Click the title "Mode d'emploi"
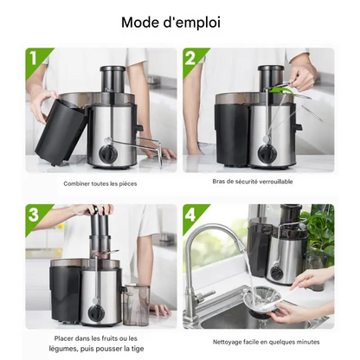pos(170,22)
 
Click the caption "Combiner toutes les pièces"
pos(100,183)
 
